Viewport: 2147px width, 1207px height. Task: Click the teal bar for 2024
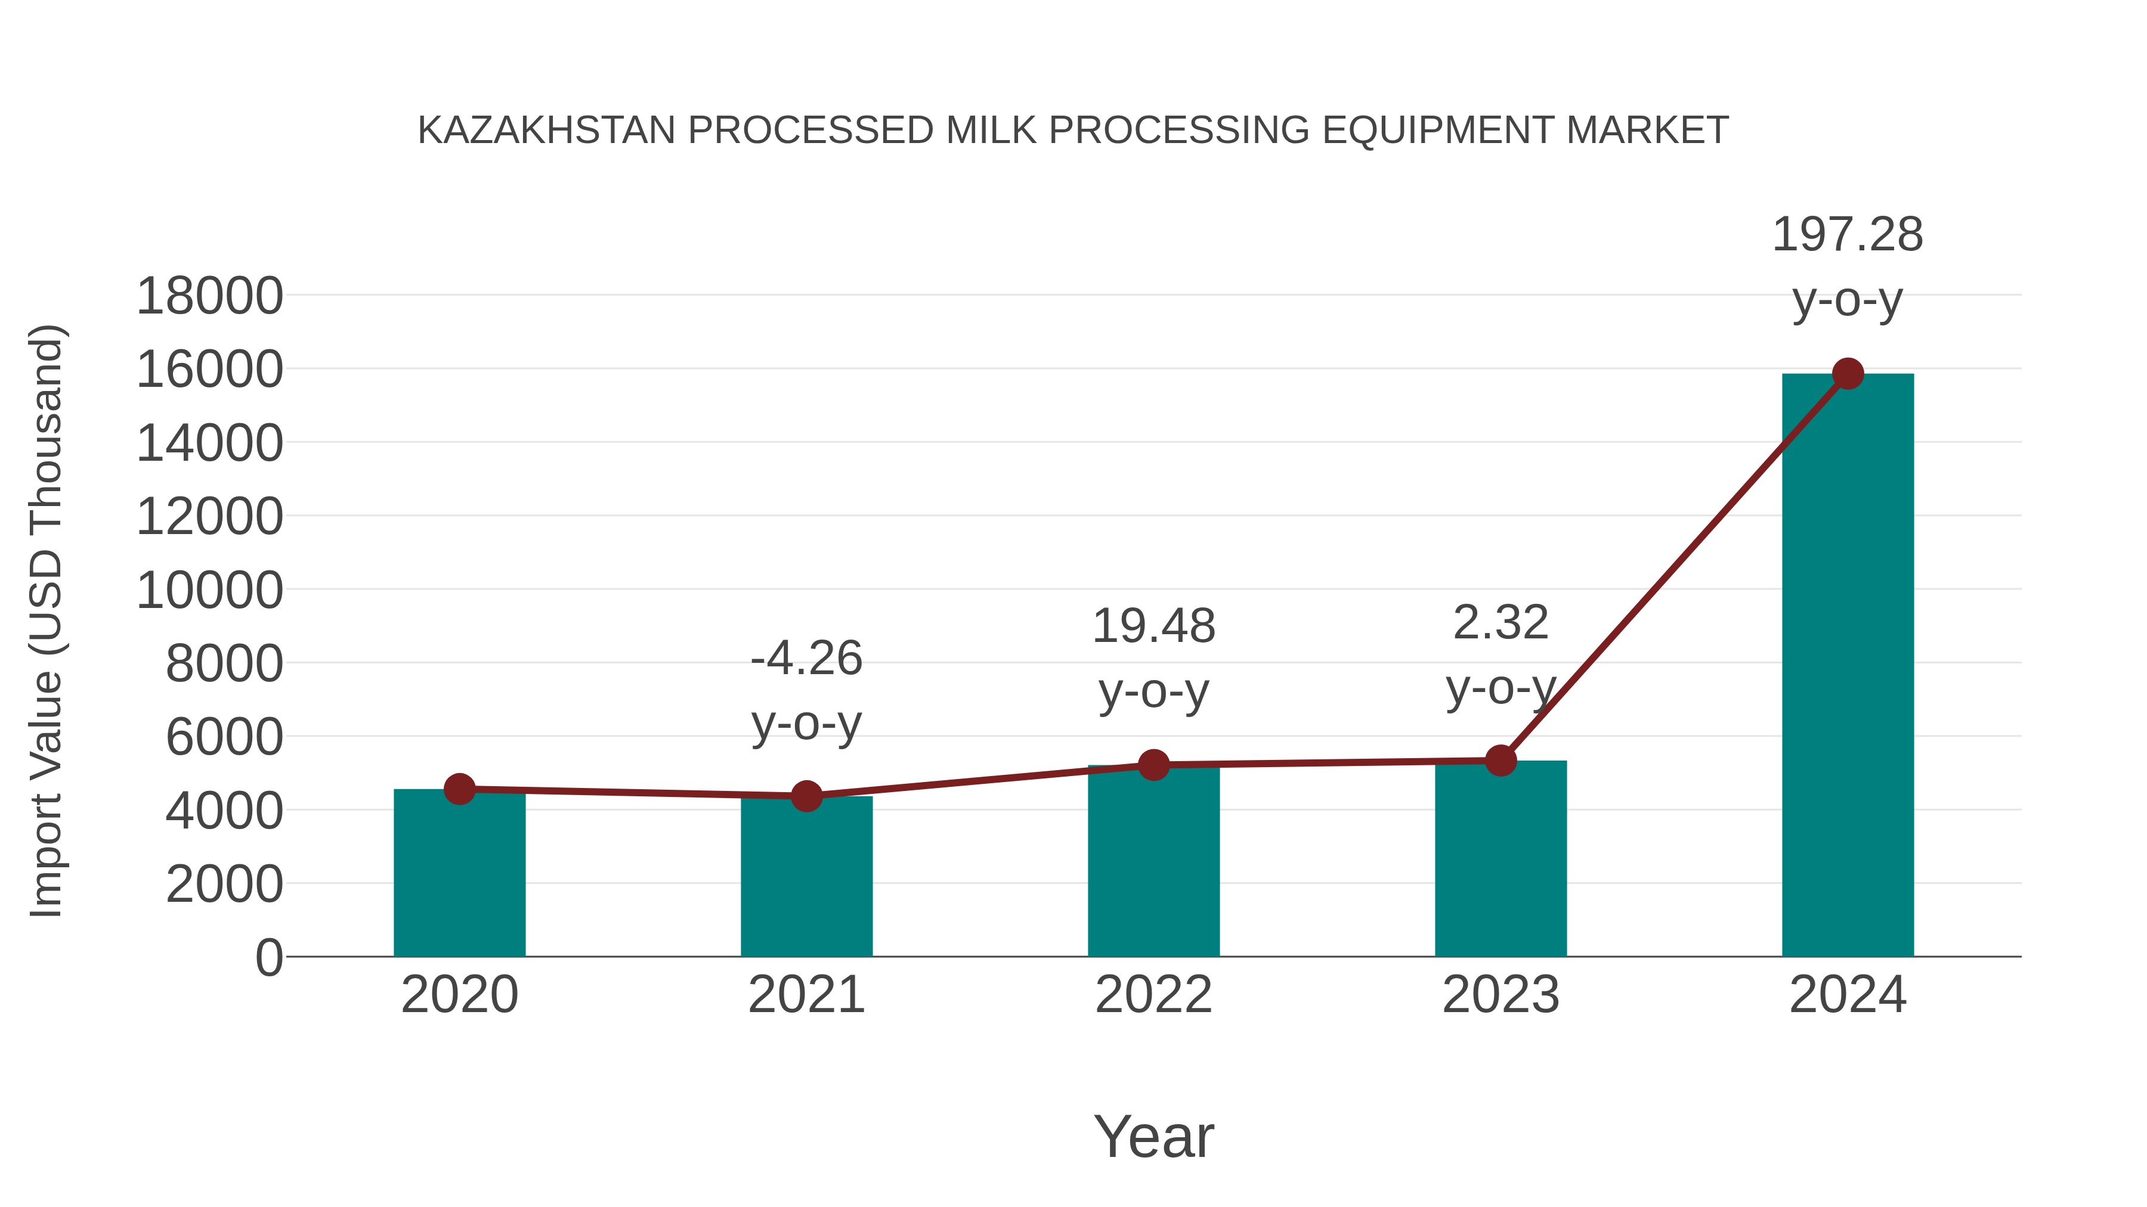tap(1847, 666)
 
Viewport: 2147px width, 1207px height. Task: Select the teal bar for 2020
tap(459, 874)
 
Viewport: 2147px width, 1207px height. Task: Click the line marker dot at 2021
tap(806, 796)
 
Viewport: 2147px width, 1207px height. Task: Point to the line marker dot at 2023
tap(1501, 761)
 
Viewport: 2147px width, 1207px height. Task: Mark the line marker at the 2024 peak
tap(1848, 374)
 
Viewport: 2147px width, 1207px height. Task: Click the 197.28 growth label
tap(1847, 235)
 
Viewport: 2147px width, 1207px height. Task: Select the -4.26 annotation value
tap(806, 659)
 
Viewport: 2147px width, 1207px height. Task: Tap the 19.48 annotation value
tap(1153, 626)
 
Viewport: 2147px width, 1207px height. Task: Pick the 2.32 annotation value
tap(1501, 623)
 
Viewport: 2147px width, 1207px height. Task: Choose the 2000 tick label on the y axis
tap(224, 885)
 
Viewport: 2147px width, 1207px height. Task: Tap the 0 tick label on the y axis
tap(268, 958)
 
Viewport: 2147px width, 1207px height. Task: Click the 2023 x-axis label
tap(1501, 995)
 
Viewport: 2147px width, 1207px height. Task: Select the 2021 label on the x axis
tap(806, 995)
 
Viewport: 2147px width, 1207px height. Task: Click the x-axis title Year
tap(1153, 1137)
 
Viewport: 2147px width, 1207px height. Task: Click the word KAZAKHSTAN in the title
tap(546, 131)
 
